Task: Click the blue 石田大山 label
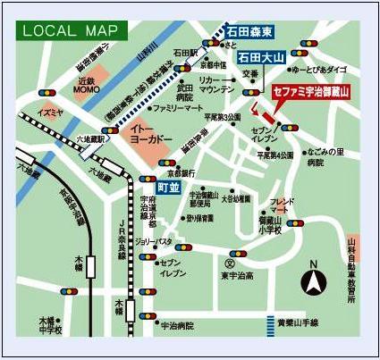(x=259, y=58)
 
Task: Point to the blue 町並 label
(x=167, y=188)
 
